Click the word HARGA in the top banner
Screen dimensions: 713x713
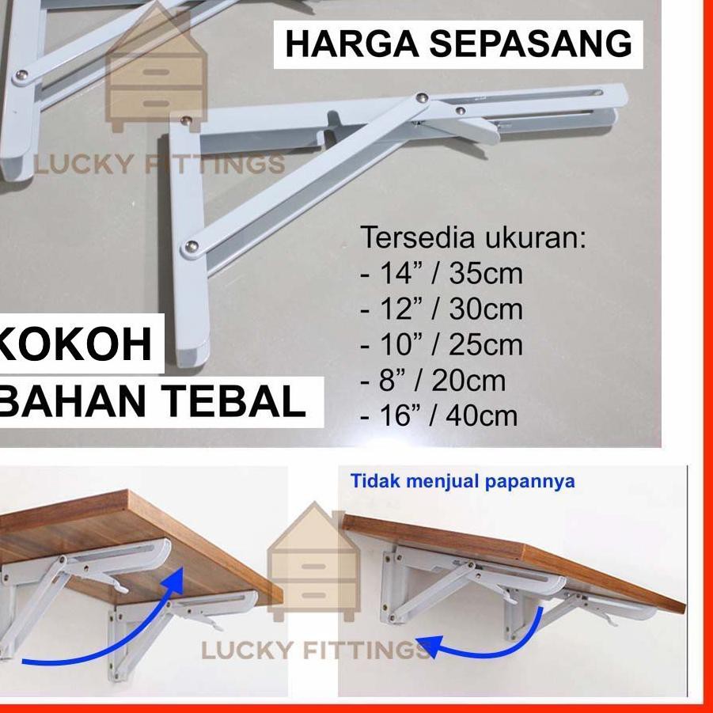pyautogui.click(x=352, y=44)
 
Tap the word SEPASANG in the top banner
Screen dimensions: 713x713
pyautogui.click(x=531, y=44)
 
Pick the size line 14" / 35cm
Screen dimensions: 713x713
pyautogui.click(x=442, y=273)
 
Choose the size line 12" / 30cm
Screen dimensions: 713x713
pyautogui.click(x=442, y=309)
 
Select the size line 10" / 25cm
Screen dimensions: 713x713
pyautogui.click(x=442, y=345)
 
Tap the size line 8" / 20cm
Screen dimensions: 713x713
pyautogui.click(x=433, y=381)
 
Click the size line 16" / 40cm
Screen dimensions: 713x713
pyautogui.click(x=439, y=416)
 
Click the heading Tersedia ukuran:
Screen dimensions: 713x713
pyautogui.click(x=473, y=237)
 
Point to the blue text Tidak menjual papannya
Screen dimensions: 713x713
pyautogui.click(x=462, y=482)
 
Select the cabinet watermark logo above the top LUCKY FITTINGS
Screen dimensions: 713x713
pyautogui.click(x=156, y=68)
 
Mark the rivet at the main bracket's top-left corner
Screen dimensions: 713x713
pyautogui.click(x=185, y=120)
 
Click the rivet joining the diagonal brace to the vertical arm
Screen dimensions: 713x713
pyautogui.click(x=192, y=247)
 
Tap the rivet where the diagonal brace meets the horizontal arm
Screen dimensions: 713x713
pyautogui.click(x=423, y=97)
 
